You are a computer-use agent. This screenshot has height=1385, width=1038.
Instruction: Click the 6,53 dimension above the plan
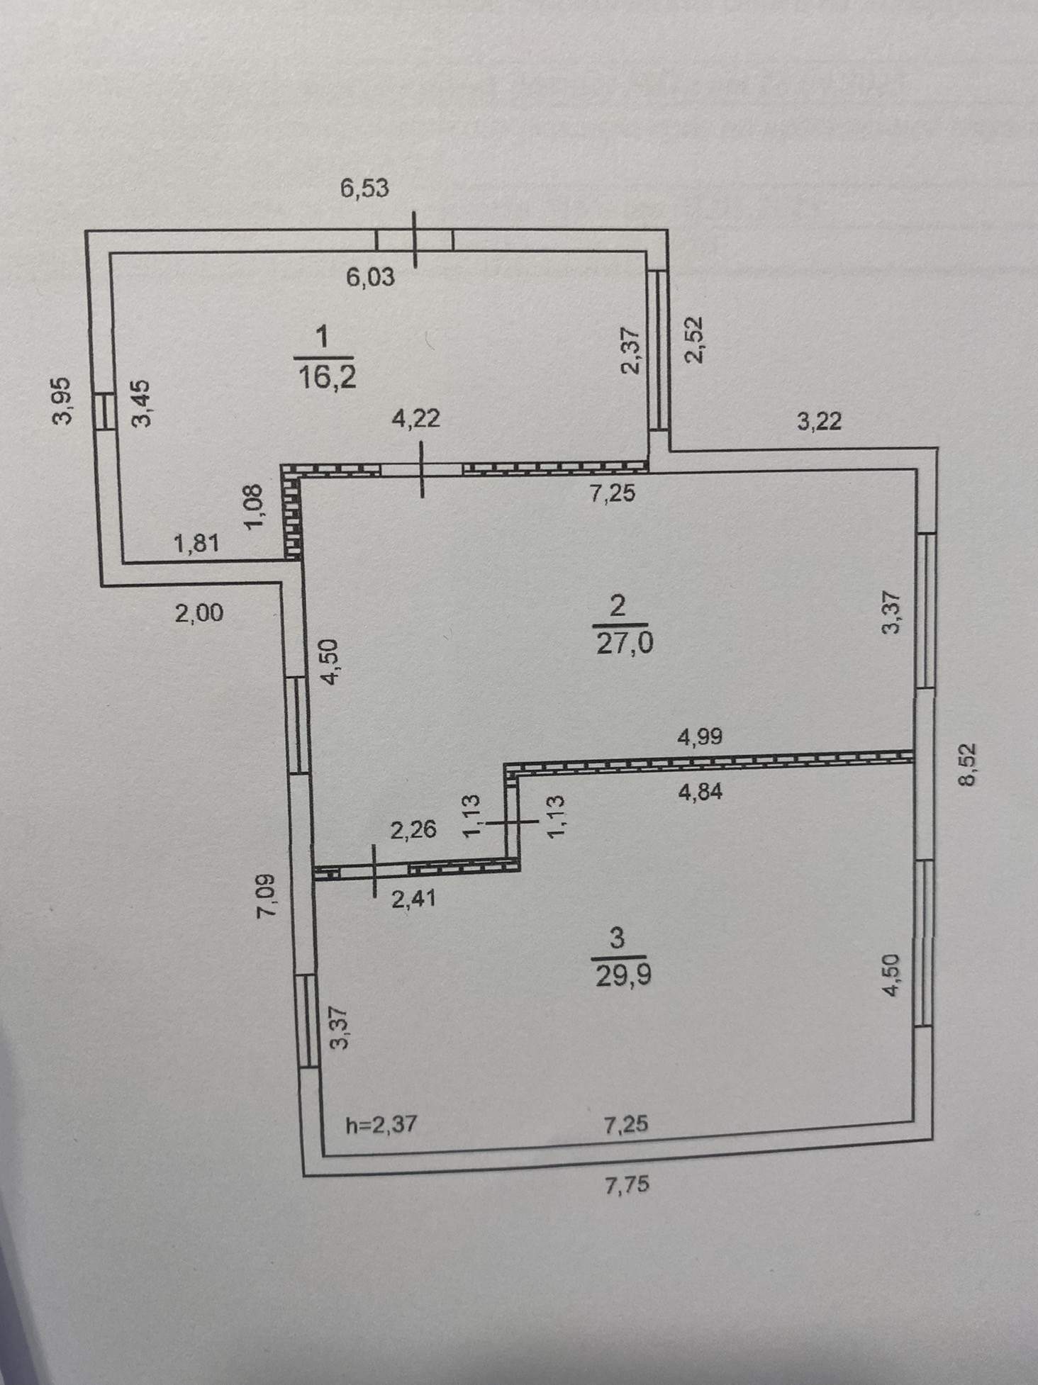coord(364,189)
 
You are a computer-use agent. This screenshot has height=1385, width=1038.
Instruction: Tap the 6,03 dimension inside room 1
coord(370,277)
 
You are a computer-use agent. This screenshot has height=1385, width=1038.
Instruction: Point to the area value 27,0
coord(625,644)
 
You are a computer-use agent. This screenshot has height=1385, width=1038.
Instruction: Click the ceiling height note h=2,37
coord(380,1125)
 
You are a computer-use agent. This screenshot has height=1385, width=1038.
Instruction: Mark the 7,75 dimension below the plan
coord(627,1184)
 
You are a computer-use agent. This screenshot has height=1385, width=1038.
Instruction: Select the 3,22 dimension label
coord(819,422)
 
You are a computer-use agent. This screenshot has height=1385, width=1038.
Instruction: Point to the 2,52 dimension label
coord(694,339)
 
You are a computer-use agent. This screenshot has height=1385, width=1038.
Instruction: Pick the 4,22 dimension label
coord(416,418)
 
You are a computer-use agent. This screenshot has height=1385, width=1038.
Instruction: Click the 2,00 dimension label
coord(199,612)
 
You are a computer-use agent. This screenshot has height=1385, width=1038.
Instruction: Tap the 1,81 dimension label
coord(196,544)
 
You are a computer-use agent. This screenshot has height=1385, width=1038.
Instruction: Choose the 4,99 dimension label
coord(700,737)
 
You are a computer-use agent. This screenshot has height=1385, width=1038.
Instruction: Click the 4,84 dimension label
coord(700,792)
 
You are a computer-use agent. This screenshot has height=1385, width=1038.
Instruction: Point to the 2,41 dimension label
coord(413,899)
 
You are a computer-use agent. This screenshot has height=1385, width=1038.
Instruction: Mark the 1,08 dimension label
coord(254,506)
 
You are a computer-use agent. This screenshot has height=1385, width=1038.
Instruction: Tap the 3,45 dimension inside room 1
coord(142,403)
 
